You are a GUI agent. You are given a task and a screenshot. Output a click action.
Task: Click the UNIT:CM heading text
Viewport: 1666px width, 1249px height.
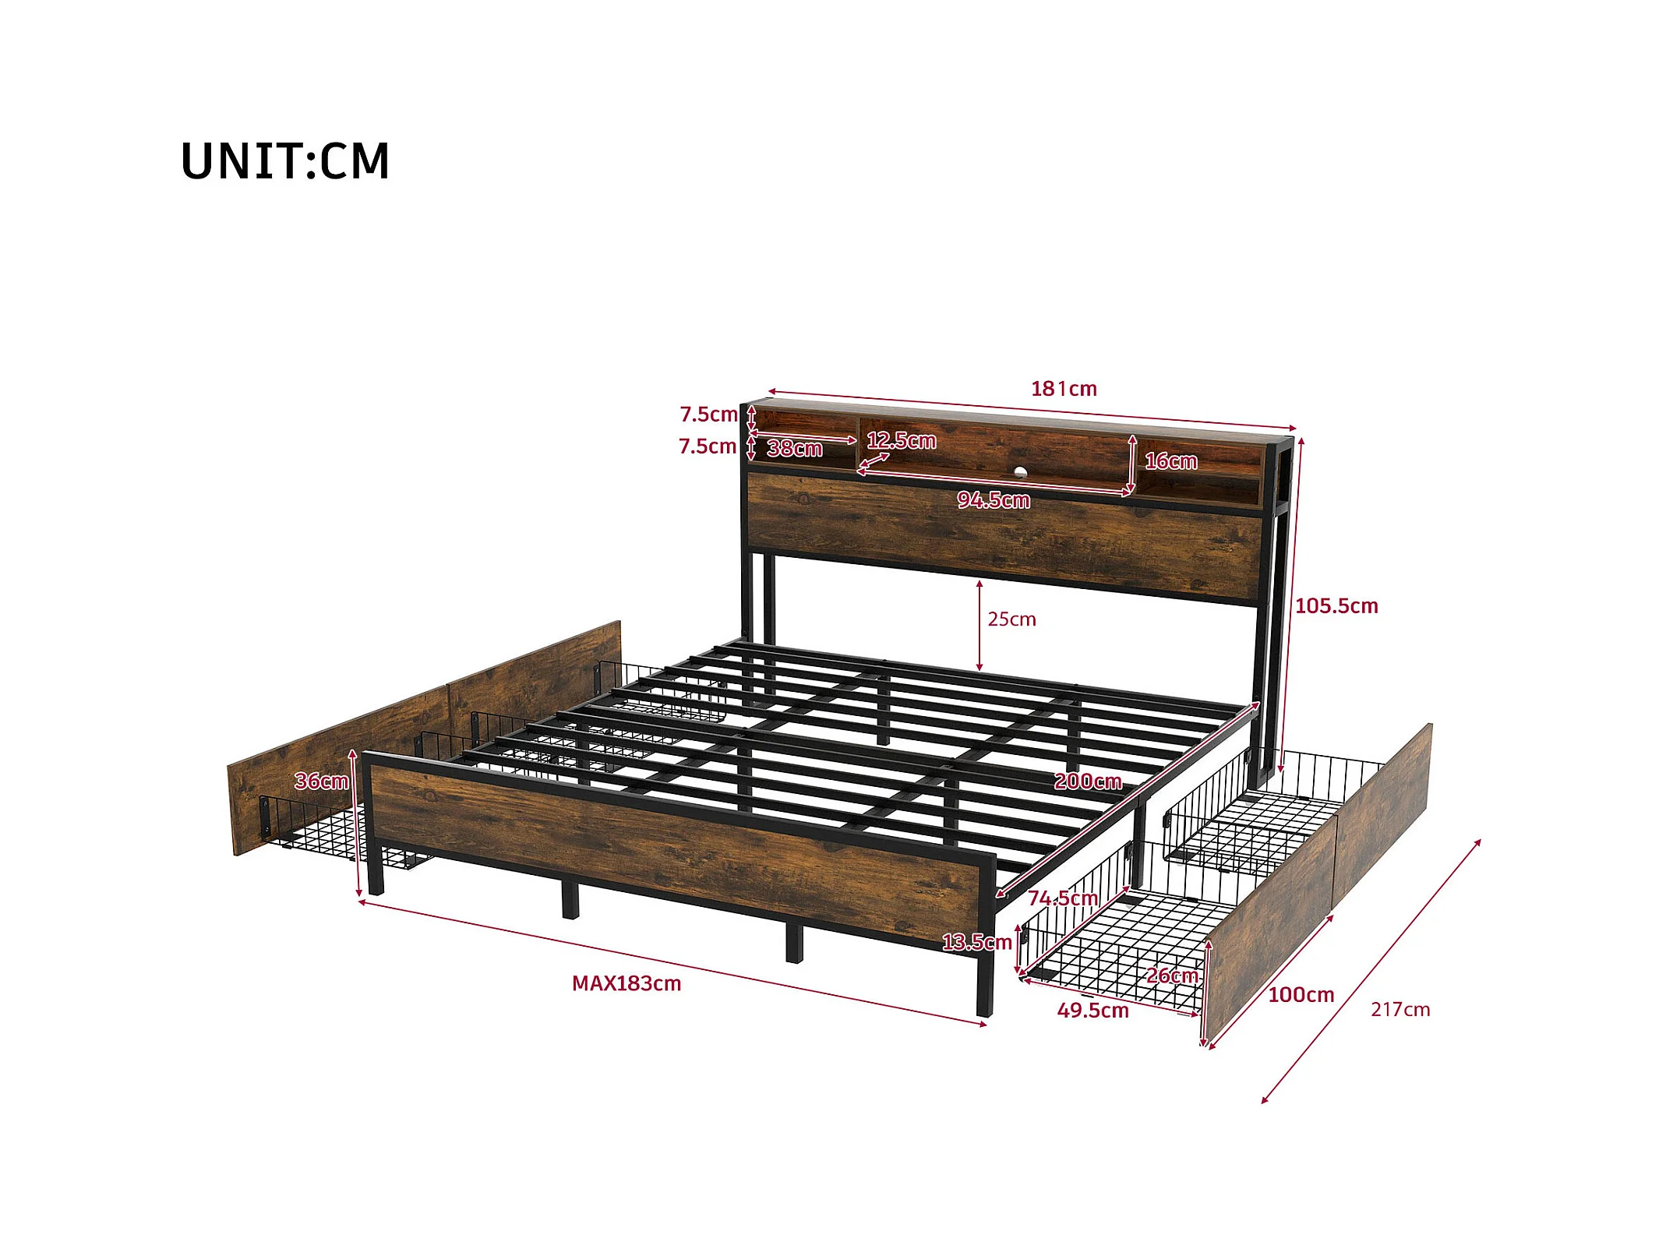284,161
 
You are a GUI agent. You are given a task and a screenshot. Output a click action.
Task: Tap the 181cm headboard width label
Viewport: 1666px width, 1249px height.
1064,389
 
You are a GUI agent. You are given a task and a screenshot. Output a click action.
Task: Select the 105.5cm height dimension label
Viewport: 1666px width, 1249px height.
1336,606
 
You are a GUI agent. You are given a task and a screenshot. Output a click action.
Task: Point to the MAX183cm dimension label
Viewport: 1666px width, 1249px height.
627,983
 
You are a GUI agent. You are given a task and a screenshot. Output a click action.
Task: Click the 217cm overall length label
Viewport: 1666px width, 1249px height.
1400,1010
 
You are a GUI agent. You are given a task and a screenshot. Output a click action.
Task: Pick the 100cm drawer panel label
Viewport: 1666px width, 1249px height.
1301,995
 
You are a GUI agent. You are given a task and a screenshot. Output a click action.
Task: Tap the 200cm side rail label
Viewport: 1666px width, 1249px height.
1088,782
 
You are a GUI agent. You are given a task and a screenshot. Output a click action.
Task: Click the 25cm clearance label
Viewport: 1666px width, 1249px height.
1011,619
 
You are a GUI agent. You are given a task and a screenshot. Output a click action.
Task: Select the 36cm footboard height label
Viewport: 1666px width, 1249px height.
321,782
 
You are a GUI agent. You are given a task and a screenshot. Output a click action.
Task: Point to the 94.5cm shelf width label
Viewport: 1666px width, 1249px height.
994,500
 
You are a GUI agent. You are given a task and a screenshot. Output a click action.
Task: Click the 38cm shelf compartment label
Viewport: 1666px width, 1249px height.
795,449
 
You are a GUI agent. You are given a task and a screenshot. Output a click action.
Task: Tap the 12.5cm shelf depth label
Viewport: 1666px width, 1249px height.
902,441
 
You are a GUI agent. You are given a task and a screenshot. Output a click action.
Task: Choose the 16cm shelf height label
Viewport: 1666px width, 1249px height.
1170,461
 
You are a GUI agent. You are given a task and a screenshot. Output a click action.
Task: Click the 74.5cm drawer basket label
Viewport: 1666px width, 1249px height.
1062,898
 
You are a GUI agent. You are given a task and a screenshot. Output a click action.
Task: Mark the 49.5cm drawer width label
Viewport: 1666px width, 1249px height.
1092,1011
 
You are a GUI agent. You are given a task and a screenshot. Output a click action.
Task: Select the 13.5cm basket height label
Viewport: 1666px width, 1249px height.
976,943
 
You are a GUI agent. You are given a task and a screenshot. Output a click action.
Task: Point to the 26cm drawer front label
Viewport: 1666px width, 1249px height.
1171,976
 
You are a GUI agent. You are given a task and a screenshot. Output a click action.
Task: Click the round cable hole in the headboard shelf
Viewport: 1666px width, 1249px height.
1020,471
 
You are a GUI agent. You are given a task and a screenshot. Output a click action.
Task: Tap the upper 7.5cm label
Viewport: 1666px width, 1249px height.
708,415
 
